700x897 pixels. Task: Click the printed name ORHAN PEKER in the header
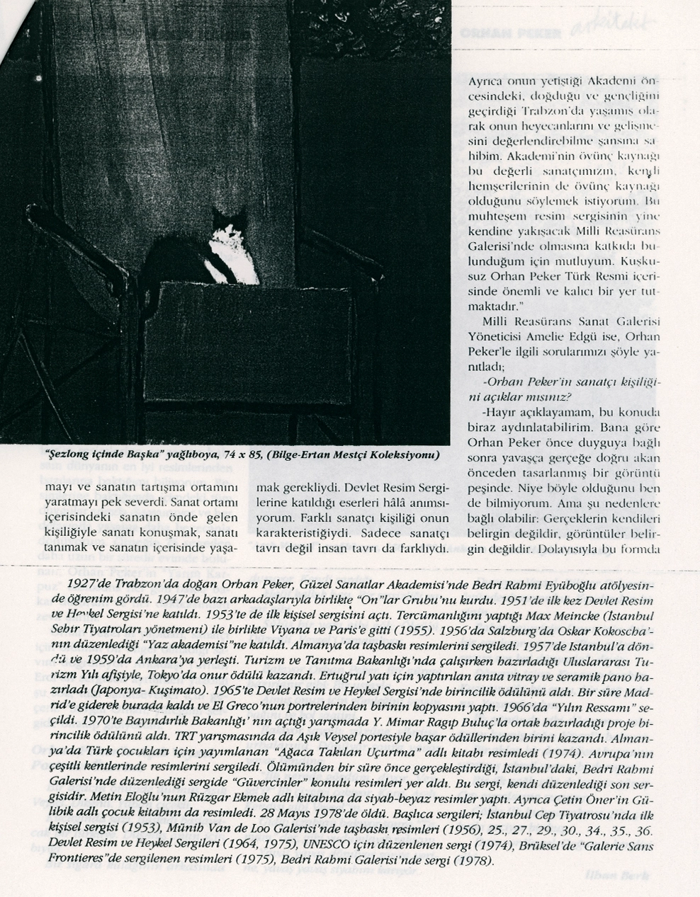click(511, 33)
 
